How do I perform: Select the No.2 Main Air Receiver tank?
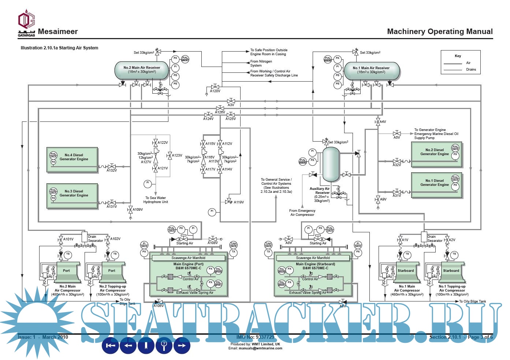[142, 70]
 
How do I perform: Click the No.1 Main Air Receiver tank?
[371, 70]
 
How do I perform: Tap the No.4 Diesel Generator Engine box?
[72, 159]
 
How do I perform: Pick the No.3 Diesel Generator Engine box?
[72, 195]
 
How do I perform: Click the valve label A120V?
[215, 91]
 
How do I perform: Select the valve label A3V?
[231, 105]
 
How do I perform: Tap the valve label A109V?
[138, 210]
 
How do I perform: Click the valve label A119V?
[239, 202]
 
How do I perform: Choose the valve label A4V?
[383, 122]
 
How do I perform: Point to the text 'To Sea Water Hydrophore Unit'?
[156, 200]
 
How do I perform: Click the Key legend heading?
[458, 56]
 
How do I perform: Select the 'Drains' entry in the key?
[471, 70]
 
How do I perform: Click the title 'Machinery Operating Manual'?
[440, 31]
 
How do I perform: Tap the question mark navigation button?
[164, 345]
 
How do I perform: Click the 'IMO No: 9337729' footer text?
[255, 337]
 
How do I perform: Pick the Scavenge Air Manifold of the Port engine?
[189, 258]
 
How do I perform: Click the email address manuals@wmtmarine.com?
[260, 348]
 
